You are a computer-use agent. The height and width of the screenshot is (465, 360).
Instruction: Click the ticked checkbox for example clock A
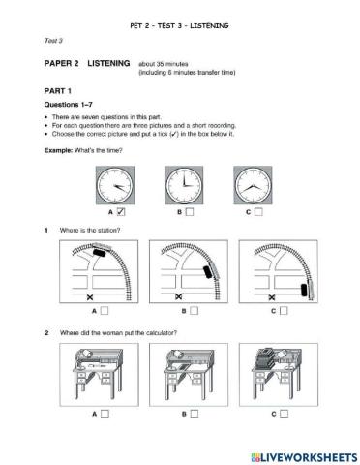pyautogui.click(x=120, y=210)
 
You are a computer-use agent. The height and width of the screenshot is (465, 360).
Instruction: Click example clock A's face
pyautogui.click(x=114, y=182)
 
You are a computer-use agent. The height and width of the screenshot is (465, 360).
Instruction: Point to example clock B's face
pyautogui.click(x=183, y=182)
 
